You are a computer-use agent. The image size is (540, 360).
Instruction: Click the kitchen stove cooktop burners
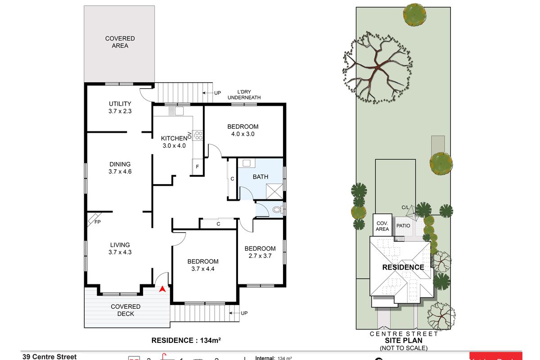(x=198, y=135)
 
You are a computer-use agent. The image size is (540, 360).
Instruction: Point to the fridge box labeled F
(x=197, y=167)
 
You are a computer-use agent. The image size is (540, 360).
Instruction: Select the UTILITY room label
(x=120, y=104)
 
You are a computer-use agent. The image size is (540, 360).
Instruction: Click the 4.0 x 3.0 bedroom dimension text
(x=243, y=134)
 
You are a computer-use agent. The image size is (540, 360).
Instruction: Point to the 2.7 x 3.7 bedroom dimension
(x=260, y=256)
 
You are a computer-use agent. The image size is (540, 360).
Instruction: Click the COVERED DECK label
(x=126, y=310)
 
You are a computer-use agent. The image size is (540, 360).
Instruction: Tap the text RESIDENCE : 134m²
(x=186, y=340)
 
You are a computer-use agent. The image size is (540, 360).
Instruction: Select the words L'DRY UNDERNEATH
(x=244, y=95)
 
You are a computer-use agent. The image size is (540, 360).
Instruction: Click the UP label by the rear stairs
(x=217, y=93)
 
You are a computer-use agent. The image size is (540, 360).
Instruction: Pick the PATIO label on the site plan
(x=403, y=225)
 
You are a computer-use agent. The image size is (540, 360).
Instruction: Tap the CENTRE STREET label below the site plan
(x=404, y=334)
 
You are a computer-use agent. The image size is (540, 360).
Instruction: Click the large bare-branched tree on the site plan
(x=377, y=67)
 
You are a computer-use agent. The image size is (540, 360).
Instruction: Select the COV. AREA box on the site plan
(x=382, y=226)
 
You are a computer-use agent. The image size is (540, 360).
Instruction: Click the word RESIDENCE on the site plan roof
(x=403, y=267)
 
